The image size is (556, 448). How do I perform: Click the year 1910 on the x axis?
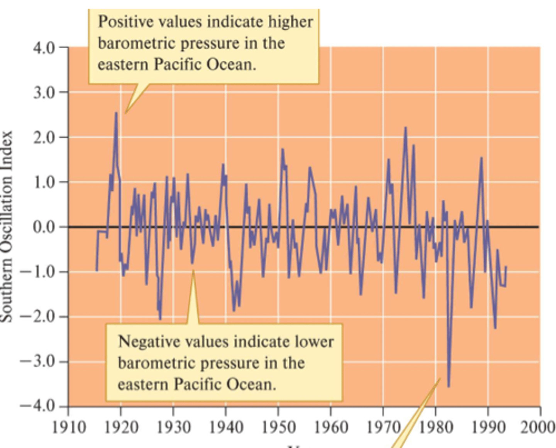[x=68, y=427]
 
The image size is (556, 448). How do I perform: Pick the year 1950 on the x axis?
[x=278, y=427]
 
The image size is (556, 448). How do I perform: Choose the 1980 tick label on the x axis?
[x=436, y=427]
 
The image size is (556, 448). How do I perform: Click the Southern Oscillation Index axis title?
[x=7, y=227]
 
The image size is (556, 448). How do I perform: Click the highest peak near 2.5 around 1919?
[x=116, y=113]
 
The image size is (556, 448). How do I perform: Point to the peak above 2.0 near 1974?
[x=405, y=128]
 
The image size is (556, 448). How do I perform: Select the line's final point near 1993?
[x=506, y=267]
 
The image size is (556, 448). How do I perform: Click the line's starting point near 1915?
[x=97, y=271]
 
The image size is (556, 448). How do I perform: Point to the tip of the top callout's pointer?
[x=125, y=113]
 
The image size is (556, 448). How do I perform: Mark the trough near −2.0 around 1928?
[x=160, y=319]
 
